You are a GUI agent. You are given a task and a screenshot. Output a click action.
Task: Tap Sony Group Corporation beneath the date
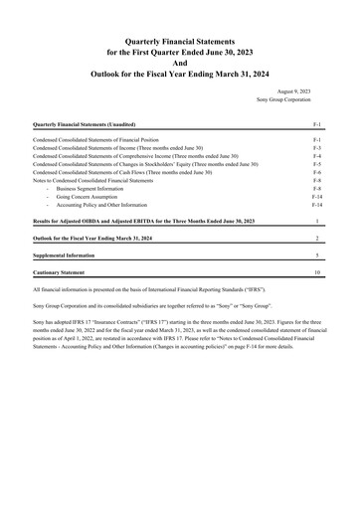(x=289, y=99)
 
